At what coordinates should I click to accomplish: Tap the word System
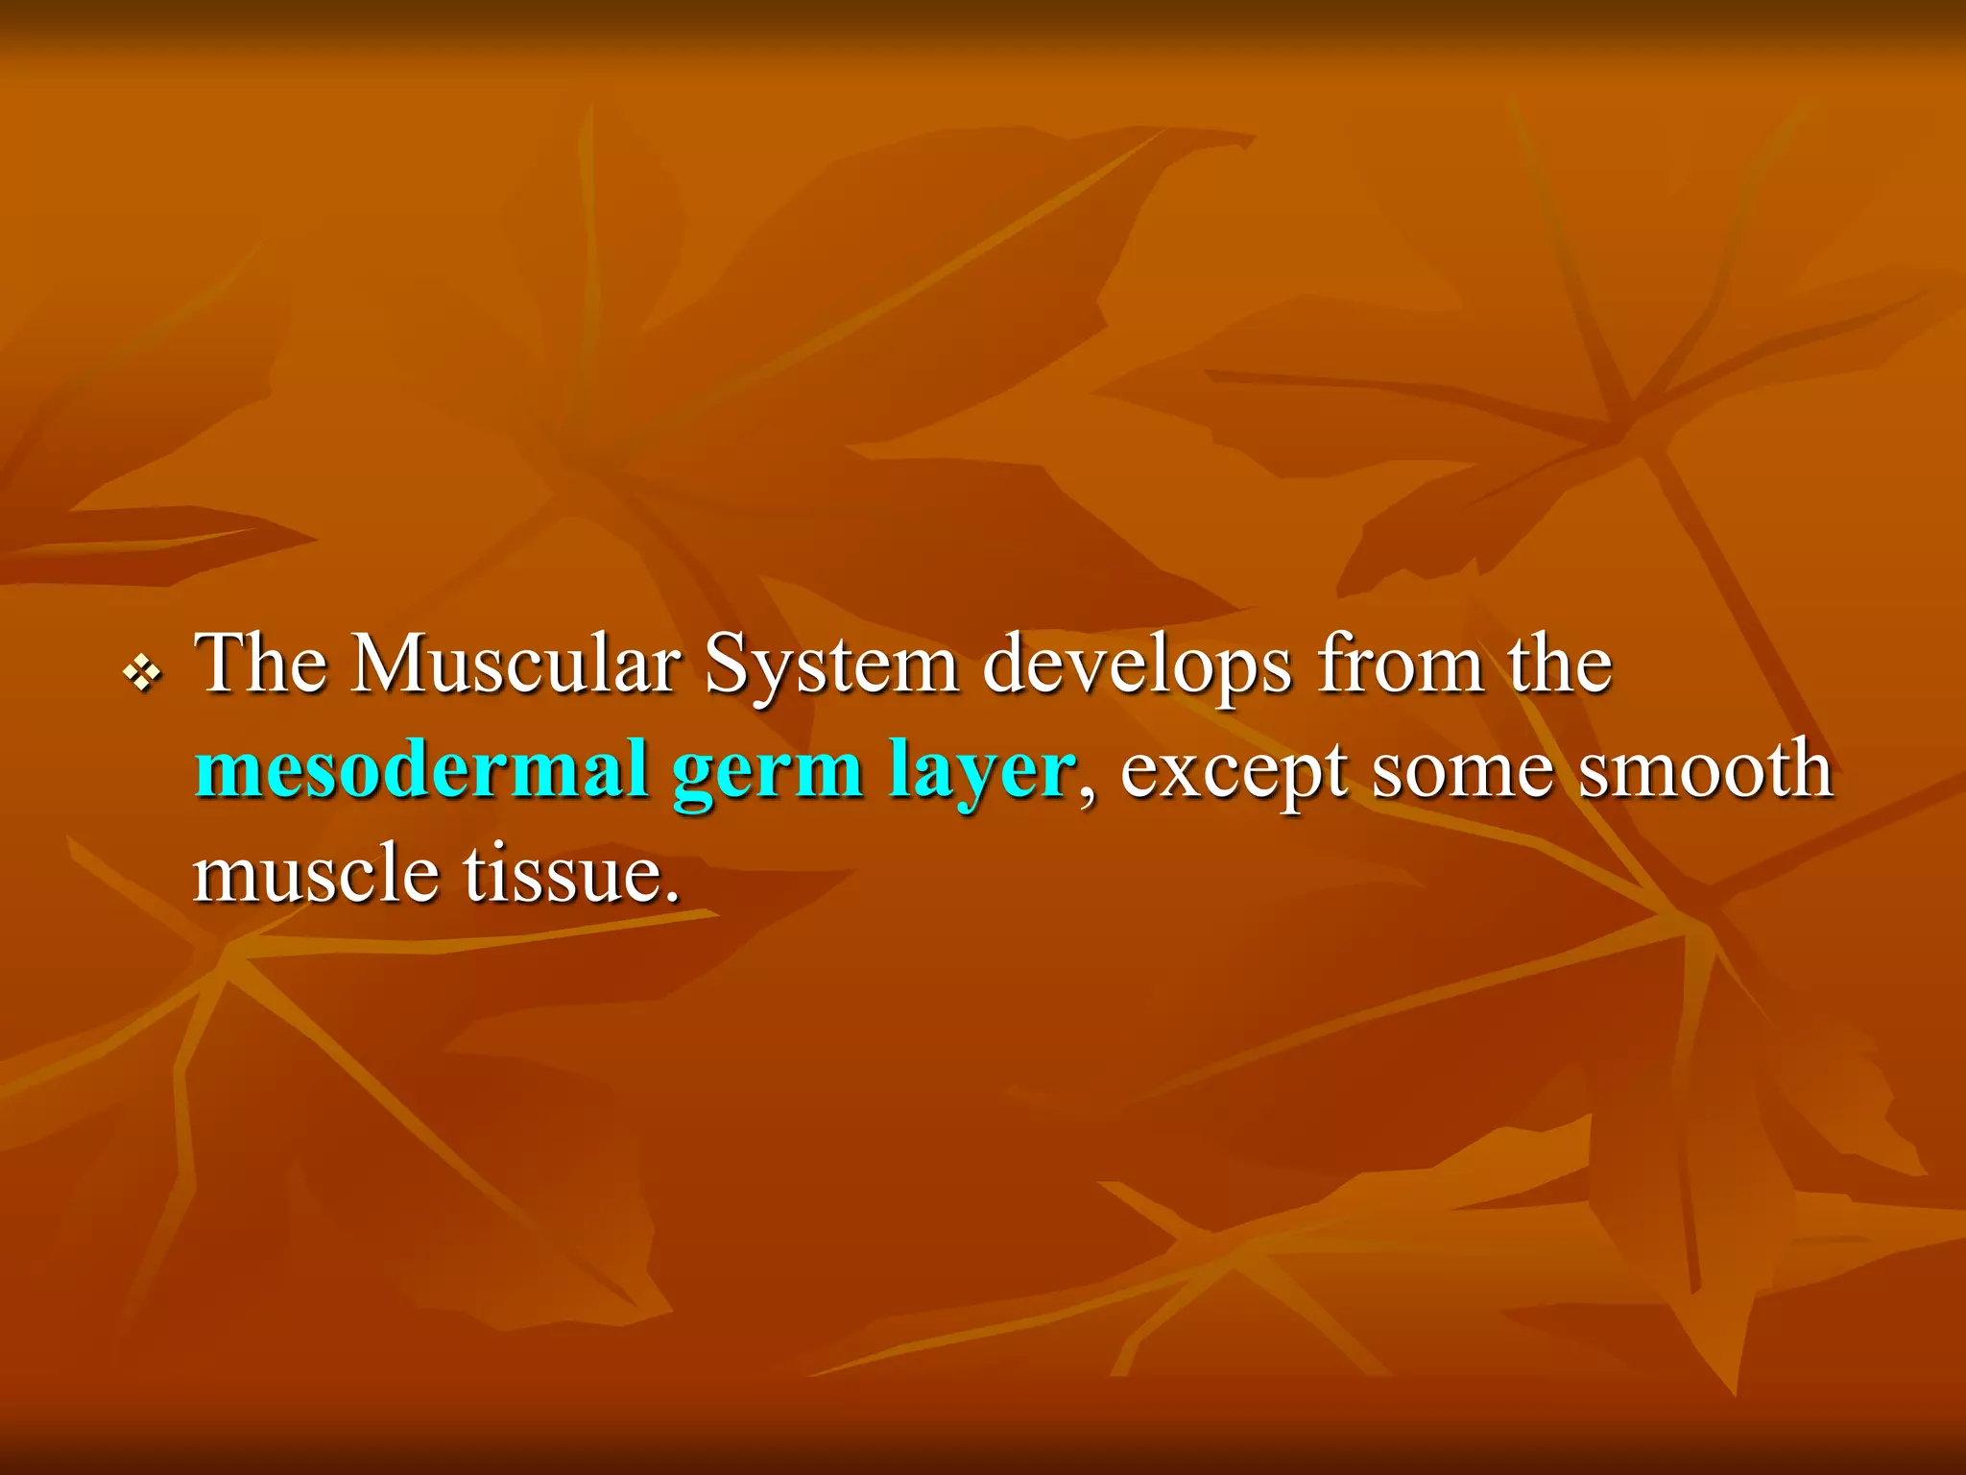pyautogui.click(x=831, y=665)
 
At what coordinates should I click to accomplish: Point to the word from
pyautogui.click(x=1401, y=665)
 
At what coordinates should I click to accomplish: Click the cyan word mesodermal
pyautogui.click(x=421, y=770)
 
